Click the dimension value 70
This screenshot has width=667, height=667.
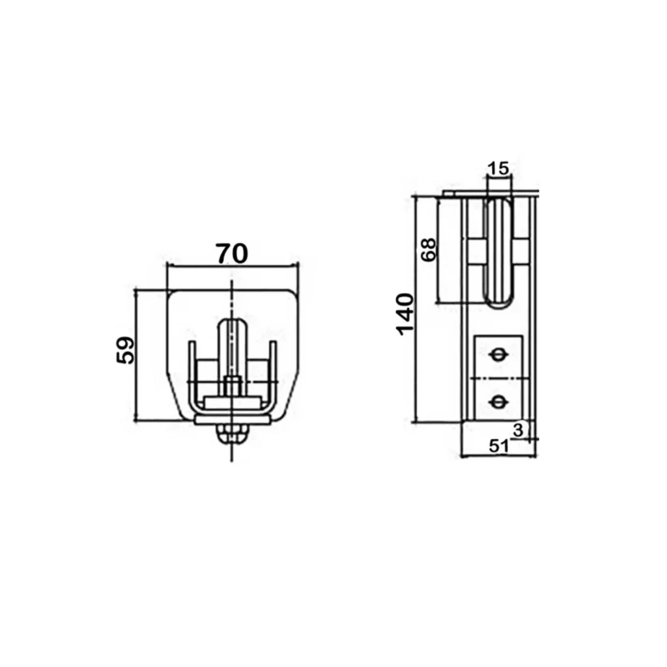[x=232, y=254]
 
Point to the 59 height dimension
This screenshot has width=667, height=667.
[x=125, y=350]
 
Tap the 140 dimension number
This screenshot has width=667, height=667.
[x=405, y=314]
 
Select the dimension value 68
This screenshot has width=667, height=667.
[x=429, y=249]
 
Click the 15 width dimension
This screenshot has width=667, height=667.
[x=498, y=169]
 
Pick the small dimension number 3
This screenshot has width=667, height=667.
[x=518, y=430]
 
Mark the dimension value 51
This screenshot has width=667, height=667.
[x=499, y=446]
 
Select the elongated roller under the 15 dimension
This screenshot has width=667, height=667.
[x=498, y=253]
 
